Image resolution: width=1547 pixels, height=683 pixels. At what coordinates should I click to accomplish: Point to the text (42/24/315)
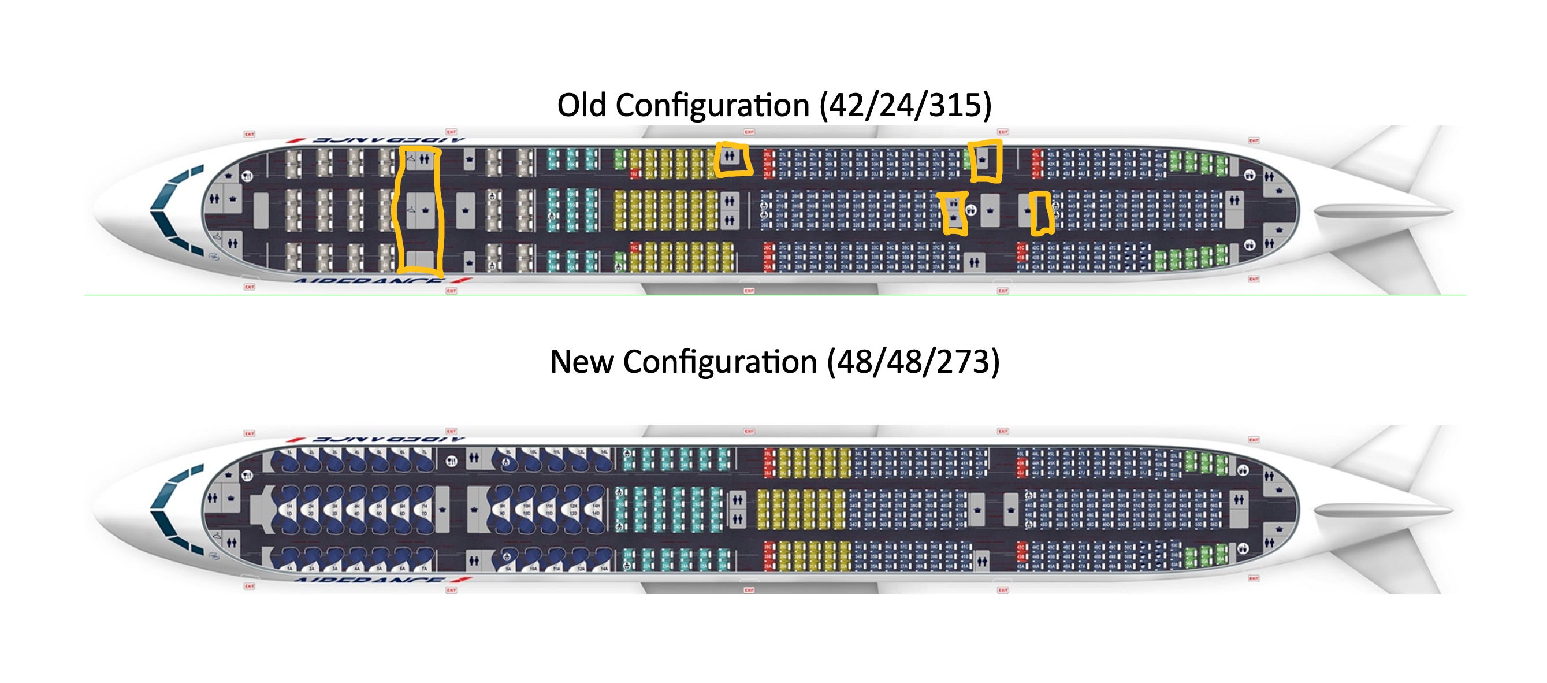pos(906,105)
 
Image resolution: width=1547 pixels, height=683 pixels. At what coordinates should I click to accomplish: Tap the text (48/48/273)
pos(913,362)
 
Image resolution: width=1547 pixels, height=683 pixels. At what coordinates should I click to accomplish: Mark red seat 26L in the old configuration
pos(768,155)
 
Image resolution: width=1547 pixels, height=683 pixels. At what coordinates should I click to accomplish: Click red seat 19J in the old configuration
pos(634,174)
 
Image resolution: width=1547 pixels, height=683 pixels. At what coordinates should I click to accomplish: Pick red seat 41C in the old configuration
pos(1021,247)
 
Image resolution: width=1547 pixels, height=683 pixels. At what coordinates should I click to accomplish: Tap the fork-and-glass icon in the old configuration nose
pos(247,176)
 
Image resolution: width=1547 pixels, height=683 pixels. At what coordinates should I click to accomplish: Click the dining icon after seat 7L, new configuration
pos(452,461)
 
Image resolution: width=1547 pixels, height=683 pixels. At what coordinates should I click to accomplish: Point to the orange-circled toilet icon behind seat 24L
pos(730,156)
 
